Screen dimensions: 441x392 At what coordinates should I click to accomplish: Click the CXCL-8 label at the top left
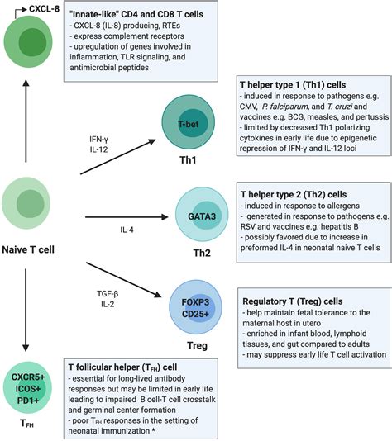pos(28,9)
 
